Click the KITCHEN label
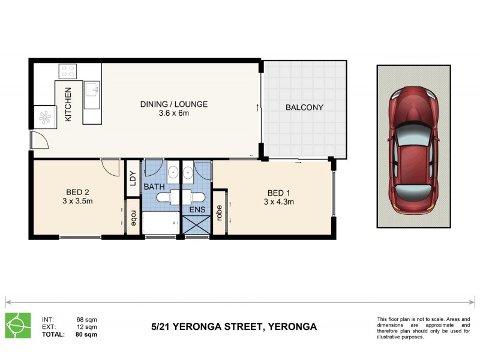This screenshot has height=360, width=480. coord(68,104)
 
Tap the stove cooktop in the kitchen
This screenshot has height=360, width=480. coord(67,71)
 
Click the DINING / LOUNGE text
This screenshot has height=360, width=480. coord(174,104)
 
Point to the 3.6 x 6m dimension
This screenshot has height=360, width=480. coord(174,113)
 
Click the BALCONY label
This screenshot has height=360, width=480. coord(304,108)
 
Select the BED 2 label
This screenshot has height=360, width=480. coord(78,193)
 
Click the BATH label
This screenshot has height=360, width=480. coord(154,187)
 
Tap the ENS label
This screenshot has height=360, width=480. coord(197,210)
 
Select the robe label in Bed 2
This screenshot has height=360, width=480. coord(133,218)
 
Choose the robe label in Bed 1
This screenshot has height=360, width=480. coord(220,214)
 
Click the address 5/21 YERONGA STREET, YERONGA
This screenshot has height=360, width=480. coord(233,327)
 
